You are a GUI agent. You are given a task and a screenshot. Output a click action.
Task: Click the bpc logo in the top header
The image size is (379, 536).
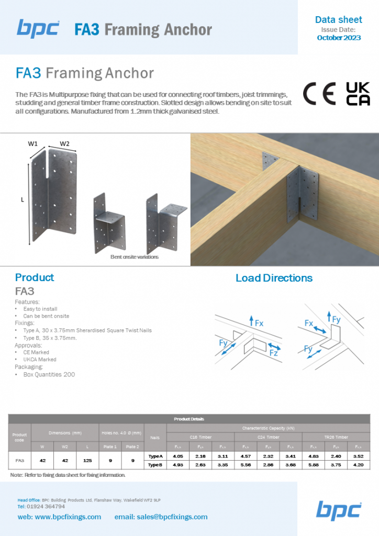tap(38, 28)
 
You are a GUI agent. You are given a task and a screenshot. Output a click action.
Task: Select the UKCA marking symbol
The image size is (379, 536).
tap(358, 94)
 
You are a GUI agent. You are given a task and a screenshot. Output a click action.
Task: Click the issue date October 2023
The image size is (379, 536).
tap(339, 38)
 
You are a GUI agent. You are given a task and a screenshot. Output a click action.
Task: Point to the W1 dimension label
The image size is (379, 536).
tap(33, 143)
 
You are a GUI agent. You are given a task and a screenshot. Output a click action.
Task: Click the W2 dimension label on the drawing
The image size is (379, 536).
tap(65, 143)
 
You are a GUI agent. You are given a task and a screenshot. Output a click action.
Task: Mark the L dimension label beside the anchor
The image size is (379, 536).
tap(23, 199)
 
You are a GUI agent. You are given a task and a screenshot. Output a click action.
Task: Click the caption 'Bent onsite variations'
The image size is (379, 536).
tap(134, 257)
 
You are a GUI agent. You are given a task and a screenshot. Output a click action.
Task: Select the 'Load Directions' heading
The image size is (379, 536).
tap(274, 278)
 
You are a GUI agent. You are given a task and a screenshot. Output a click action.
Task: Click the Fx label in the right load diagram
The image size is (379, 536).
tap(309, 323)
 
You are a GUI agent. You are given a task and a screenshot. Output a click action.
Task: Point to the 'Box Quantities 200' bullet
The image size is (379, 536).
tap(49, 375)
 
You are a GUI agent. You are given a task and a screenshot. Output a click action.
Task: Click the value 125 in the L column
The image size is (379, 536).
tap(87, 460)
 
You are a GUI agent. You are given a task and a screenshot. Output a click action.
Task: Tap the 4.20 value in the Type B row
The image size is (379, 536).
tap(359, 464)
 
